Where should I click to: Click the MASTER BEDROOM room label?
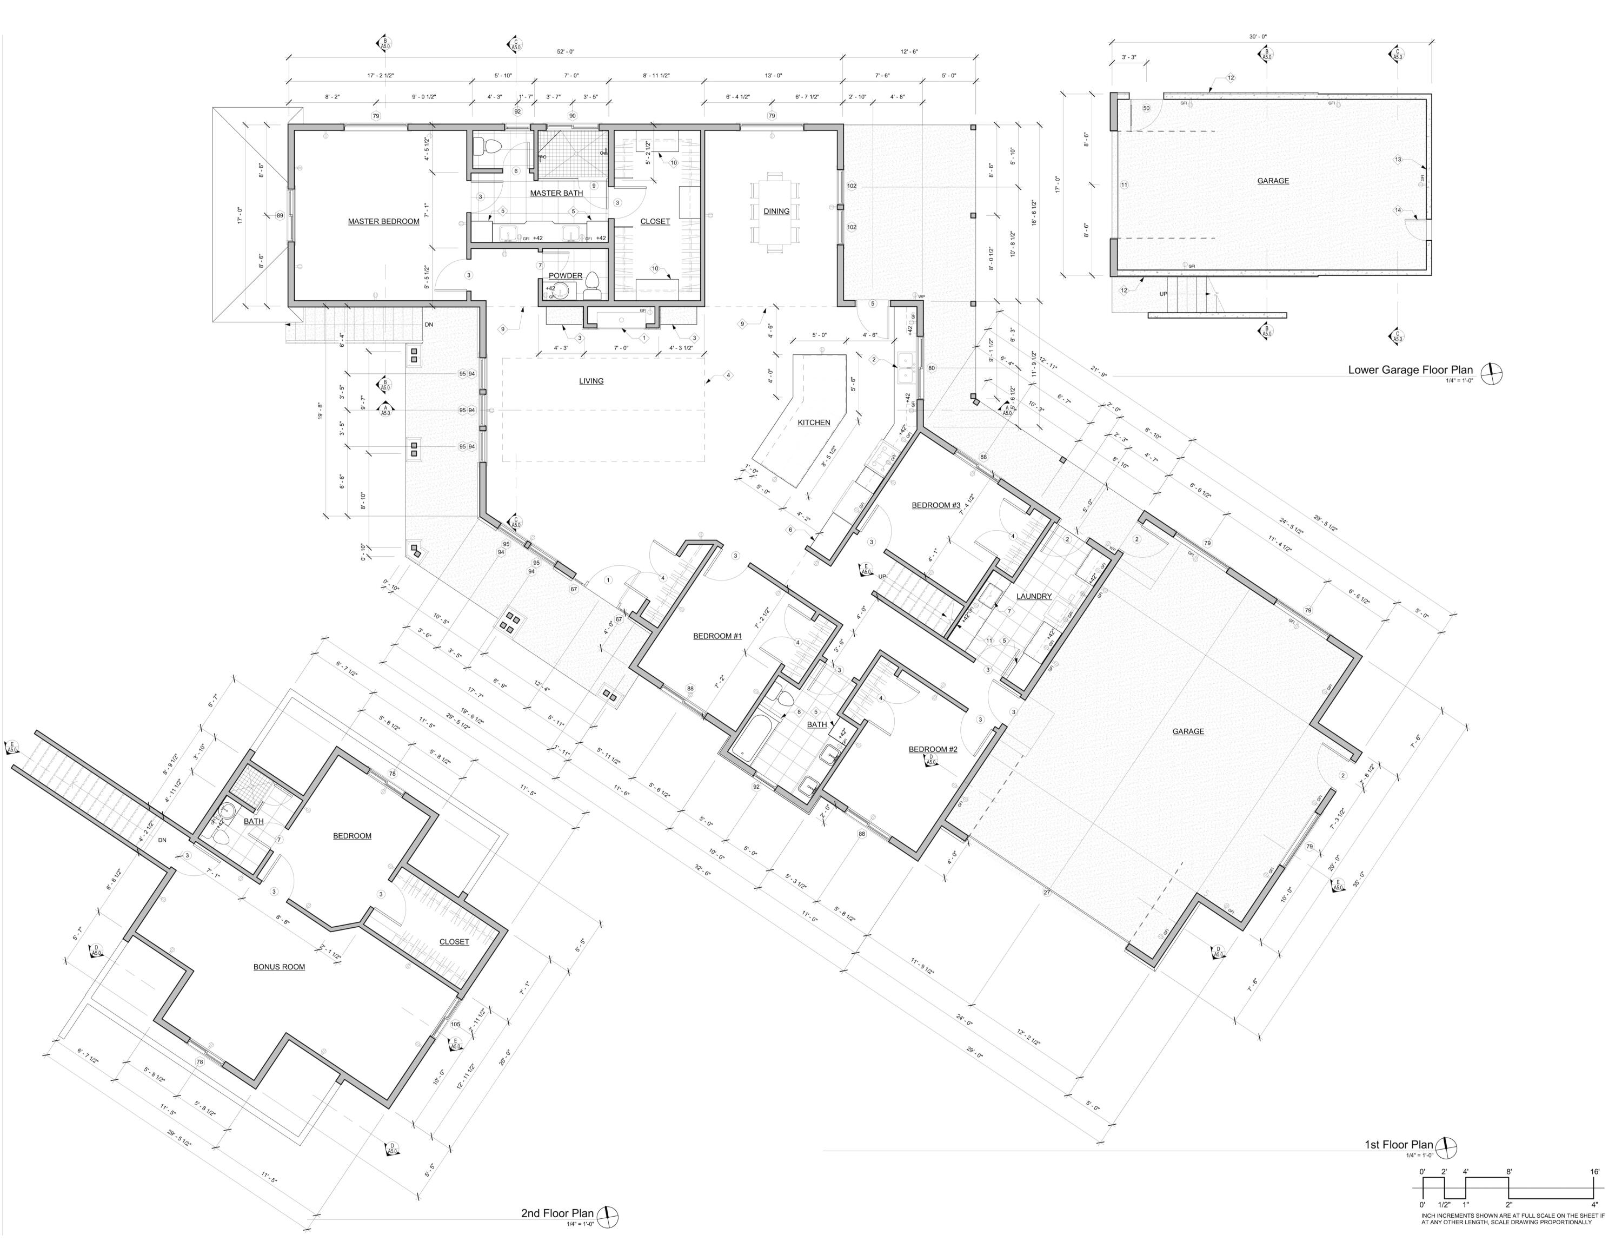[383, 221]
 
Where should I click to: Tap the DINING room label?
[776, 211]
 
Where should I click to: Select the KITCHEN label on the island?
[814, 423]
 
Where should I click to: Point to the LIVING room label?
[591, 381]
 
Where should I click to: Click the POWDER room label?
[565, 275]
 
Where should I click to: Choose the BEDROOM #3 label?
[936, 505]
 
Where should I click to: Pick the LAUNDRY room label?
[1034, 597]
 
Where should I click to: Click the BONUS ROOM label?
[279, 967]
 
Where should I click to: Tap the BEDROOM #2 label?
[933, 750]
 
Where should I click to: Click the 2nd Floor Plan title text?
[557, 1213]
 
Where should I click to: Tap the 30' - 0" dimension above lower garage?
[1258, 36]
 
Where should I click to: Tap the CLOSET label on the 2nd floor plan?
[454, 942]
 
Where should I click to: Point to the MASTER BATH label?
[556, 193]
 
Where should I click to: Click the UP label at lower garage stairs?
[1163, 294]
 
